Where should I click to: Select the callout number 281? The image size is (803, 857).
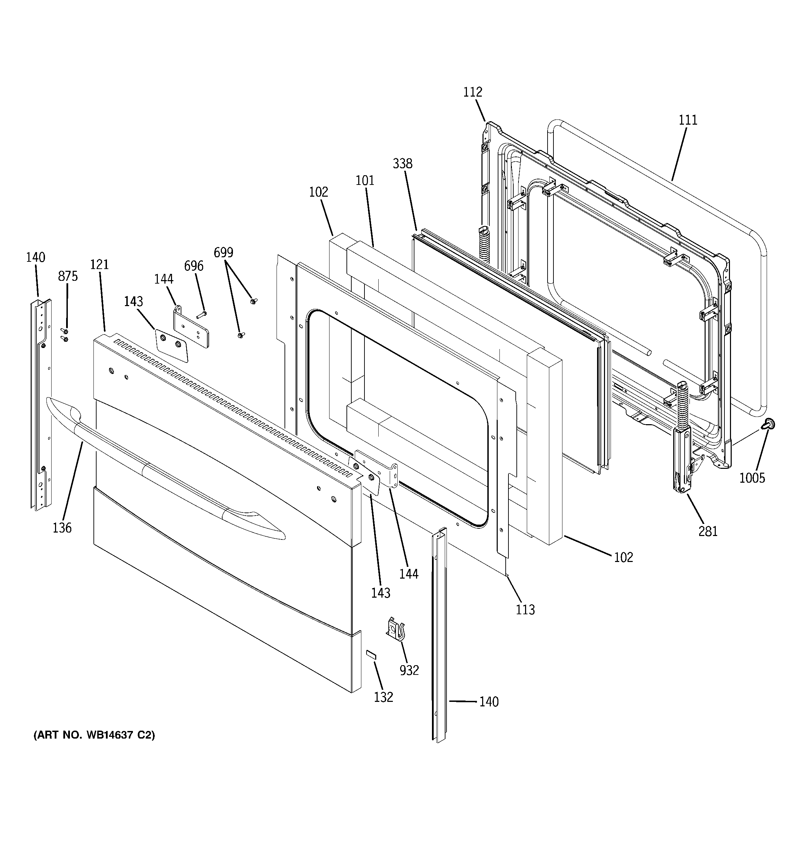(x=708, y=532)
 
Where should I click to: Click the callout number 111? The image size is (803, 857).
(x=688, y=120)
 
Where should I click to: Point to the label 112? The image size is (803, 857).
(x=472, y=92)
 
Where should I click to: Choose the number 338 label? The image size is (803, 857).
(x=402, y=163)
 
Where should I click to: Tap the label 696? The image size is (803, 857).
(x=193, y=266)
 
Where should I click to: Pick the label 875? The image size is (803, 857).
(x=68, y=276)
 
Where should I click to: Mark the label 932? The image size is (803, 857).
(x=409, y=670)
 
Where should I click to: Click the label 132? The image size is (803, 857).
(x=383, y=697)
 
